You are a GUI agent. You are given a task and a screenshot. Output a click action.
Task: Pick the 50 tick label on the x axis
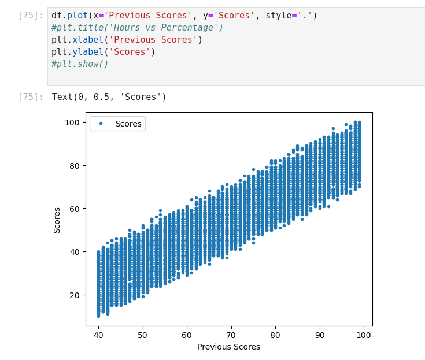(142, 335)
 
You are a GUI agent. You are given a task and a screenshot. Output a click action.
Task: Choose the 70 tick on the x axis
(231, 335)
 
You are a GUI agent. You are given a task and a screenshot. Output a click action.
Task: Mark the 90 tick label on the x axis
(319, 335)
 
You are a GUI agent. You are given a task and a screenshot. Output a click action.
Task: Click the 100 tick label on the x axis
(363, 335)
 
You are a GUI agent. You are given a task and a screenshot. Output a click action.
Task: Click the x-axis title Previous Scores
(228, 347)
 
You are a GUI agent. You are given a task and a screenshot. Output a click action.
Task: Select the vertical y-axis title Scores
(57, 220)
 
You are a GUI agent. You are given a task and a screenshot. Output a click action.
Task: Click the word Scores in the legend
(128, 124)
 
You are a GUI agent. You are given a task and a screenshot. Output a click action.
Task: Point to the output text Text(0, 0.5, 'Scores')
(109, 97)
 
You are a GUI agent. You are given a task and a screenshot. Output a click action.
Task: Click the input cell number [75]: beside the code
(30, 16)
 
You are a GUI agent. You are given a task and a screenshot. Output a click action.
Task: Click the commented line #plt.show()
(80, 64)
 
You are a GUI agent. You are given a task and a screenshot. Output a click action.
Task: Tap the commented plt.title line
(137, 28)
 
